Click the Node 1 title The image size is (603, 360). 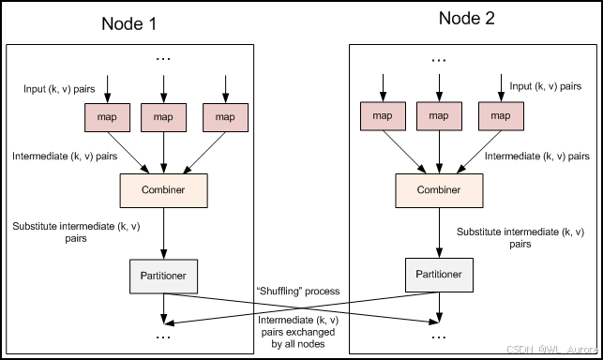129,23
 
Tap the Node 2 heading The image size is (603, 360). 466,19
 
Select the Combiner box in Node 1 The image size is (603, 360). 164,190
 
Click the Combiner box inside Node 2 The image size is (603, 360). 439,190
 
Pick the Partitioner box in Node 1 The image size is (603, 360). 164,277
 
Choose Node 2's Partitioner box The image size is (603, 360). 439,275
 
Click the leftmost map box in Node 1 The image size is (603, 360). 107,117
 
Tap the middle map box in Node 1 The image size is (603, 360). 164,117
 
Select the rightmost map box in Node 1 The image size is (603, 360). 225,117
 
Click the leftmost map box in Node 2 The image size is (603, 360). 383,116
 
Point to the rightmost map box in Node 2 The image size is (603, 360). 501,116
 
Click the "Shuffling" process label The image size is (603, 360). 298,292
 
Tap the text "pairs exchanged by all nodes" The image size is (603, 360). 298,337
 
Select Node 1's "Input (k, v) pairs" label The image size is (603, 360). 59,89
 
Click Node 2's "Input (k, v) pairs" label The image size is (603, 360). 545,86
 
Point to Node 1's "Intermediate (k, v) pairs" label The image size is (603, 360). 65,157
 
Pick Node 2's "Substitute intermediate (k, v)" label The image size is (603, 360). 520,232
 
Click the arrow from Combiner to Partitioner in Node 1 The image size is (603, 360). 164,233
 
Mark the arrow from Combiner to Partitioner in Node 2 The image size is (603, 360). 439,232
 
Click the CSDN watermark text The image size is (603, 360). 552,350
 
